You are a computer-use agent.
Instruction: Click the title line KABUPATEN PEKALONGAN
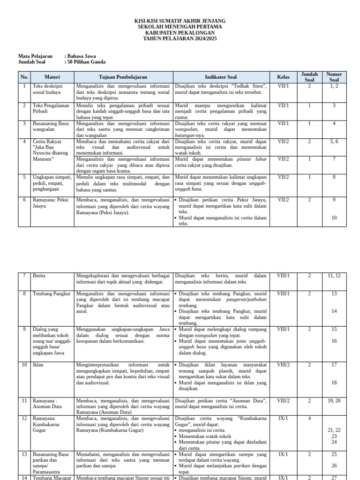[180, 33]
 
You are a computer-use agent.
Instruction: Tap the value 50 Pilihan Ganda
[86, 61]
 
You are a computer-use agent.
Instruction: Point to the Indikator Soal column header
[220, 77]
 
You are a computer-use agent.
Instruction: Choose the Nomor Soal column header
[334, 77]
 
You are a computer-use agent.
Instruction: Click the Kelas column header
[283, 77]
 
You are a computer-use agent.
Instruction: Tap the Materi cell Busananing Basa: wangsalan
[51, 126]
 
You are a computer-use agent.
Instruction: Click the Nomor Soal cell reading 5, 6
[334, 141]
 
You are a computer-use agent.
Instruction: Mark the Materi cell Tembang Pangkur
[51, 293]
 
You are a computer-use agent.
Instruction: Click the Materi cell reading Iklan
[37, 364]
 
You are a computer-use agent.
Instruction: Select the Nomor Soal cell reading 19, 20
[334, 401]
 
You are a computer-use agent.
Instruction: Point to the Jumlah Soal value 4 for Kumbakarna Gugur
[309, 419]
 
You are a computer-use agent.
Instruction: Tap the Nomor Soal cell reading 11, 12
[334, 276]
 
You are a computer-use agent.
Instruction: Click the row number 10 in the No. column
[24, 364]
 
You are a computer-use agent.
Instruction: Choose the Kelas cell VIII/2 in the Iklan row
[283, 364]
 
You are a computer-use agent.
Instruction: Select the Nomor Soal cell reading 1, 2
[334, 86]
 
